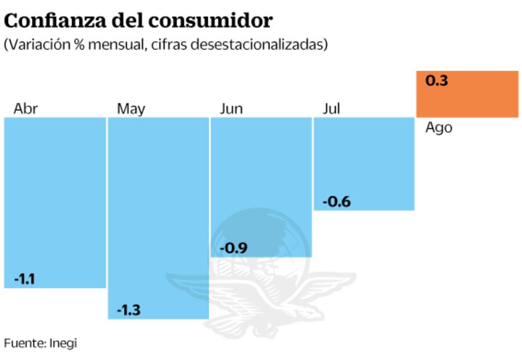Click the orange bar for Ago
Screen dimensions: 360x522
467,94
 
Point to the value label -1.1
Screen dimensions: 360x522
24,279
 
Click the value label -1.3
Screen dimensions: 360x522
128,310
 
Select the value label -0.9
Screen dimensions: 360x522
233,249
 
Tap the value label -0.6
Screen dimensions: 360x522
337,202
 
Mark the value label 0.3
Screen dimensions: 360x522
437,81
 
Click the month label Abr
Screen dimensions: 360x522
26,109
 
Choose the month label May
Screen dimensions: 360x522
131,109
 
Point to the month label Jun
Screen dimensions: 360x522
231,109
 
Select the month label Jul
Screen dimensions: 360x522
331,109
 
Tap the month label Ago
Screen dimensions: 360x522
438,128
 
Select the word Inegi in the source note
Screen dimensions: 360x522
64,343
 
